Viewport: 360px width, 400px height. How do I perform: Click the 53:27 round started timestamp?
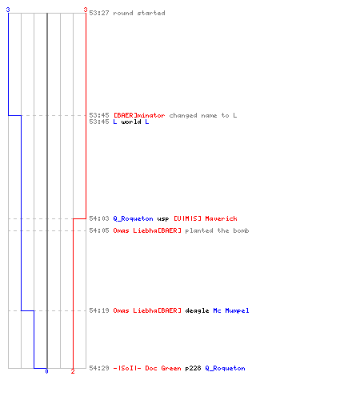99,13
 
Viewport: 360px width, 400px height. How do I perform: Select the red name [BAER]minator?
139,115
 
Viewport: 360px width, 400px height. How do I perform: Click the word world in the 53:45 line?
131,122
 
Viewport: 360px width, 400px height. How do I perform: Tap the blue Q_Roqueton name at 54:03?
133,218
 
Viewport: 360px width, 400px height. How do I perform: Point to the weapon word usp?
163,219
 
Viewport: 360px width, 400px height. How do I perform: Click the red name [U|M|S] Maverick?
206,218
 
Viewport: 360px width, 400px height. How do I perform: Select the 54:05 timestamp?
99,230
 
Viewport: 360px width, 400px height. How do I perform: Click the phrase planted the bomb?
217,230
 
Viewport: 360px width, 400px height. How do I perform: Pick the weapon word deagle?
197,310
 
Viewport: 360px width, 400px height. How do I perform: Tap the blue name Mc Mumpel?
231,310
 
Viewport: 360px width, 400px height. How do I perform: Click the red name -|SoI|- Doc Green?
147,368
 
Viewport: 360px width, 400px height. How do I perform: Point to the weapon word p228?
193,369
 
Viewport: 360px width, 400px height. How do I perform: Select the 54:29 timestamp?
99,368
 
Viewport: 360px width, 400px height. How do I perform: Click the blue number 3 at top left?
8,10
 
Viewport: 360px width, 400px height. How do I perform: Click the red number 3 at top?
86,10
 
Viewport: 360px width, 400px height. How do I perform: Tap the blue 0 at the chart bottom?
46,371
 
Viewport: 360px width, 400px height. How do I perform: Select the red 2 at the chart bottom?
73,371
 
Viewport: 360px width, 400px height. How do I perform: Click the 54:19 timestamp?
99,310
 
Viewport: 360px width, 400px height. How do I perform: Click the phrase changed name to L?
203,115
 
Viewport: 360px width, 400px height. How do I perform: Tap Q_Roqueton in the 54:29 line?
225,368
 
